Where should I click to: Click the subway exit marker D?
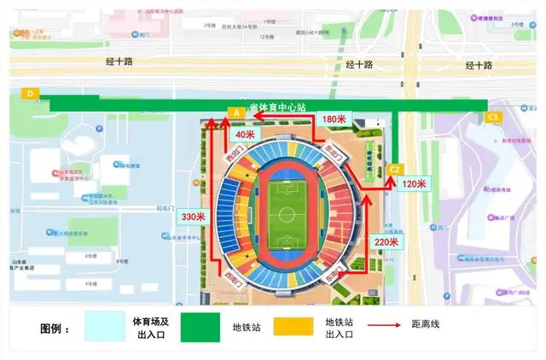coord(31,93)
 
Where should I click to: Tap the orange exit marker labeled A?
coord(237,113)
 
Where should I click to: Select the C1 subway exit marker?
coord(492,117)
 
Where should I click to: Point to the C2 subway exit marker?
coord(395,169)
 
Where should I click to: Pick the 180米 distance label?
coord(335,119)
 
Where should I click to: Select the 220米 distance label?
coord(386,241)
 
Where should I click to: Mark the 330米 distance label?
coord(194,217)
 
